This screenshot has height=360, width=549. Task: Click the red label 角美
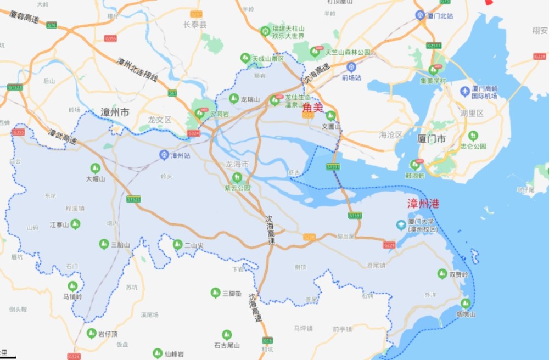click(x=312, y=108)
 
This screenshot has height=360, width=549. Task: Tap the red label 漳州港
click(x=423, y=204)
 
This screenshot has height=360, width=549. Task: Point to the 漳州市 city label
click(x=115, y=113)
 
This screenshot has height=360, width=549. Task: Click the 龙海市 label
click(x=237, y=164)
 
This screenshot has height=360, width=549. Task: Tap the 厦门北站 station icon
click(x=420, y=15)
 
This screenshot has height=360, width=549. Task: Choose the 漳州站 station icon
click(x=164, y=155)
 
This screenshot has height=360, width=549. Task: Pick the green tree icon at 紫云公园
click(x=237, y=177)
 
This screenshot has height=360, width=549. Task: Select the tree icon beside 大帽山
click(x=95, y=168)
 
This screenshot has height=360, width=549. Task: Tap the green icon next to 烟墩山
click(x=466, y=303)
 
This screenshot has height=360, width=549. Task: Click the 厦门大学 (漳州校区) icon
click(x=401, y=225)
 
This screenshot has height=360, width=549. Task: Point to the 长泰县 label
click(x=195, y=24)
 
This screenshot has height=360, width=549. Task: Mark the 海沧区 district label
click(x=390, y=135)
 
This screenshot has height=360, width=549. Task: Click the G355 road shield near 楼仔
click(x=111, y=38)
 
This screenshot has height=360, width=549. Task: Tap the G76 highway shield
click(x=52, y=25)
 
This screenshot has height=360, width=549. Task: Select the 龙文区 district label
click(x=160, y=120)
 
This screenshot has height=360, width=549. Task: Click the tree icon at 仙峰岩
click(x=158, y=353)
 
